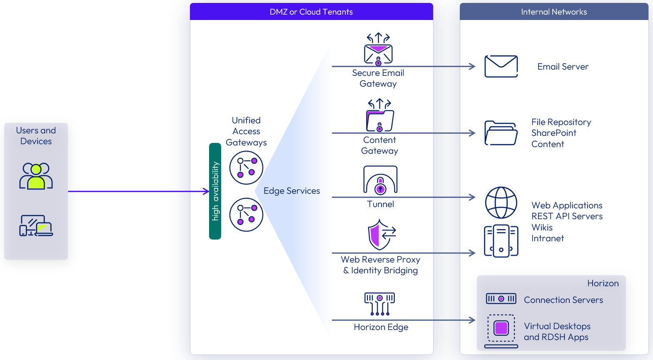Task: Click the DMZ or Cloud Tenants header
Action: [x=311, y=12]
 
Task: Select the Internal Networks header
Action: [x=553, y=12]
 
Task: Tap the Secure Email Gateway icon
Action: [x=378, y=50]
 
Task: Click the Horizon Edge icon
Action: [x=379, y=303]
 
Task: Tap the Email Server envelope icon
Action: [x=501, y=66]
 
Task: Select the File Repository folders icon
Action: [x=501, y=133]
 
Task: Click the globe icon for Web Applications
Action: [x=501, y=202]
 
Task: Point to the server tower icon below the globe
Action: [x=501, y=241]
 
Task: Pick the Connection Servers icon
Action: [x=501, y=299]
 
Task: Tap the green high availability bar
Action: [x=215, y=191]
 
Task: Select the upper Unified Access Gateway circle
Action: [x=246, y=167]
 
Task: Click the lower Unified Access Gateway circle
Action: [x=246, y=215]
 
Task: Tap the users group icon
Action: [x=36, y=176]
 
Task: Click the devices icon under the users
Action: [x=36, y=226]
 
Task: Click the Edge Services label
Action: [x=292, y=191]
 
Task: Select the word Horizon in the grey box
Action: [x=603, y=283]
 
